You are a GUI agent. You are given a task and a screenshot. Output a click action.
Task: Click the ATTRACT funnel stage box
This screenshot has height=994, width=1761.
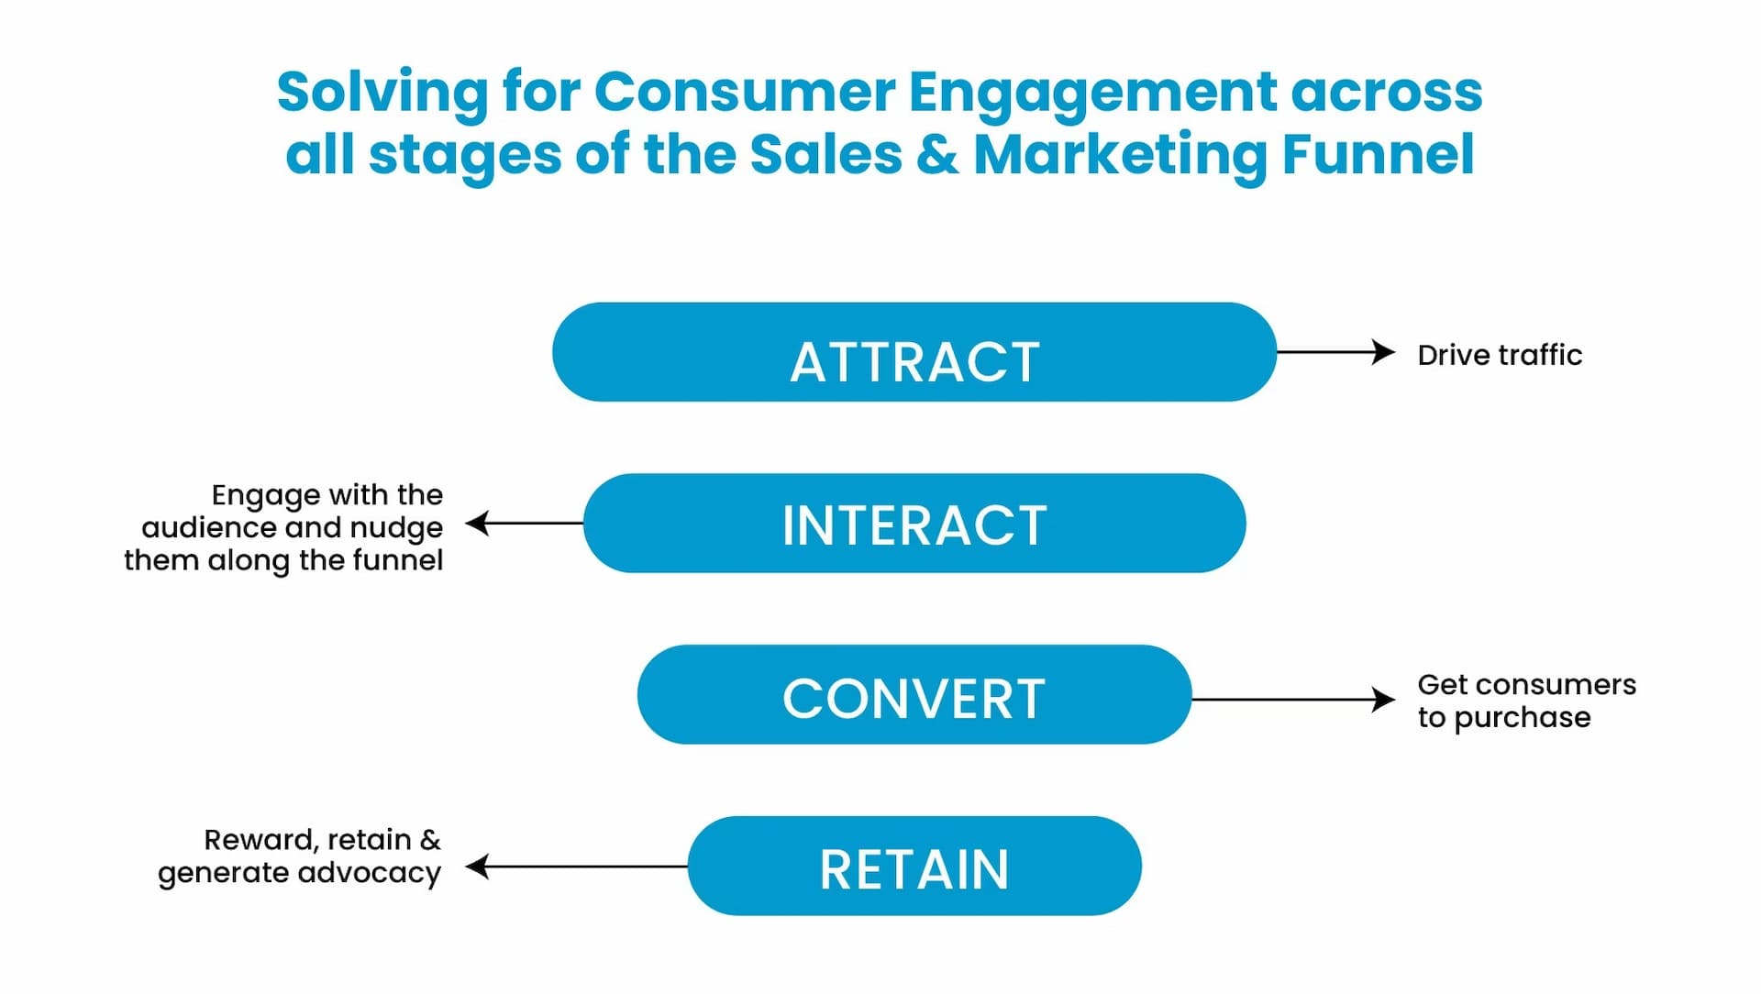click(914, 353)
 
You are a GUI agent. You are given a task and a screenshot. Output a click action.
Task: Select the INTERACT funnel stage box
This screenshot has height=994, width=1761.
click(914, 524)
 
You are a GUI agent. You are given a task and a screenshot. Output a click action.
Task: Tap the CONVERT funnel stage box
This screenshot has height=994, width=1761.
click(914, 695)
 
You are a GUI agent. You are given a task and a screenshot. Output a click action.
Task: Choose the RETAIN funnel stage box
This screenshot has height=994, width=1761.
click(914, 867)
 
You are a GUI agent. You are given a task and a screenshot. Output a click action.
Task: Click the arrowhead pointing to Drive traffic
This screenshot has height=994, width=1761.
click(1384, 352)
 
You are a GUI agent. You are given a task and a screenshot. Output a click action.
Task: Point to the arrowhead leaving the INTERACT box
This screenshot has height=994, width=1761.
click(477, 524)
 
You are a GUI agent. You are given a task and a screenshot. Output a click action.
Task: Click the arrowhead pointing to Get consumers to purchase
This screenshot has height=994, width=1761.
click(1384, 700)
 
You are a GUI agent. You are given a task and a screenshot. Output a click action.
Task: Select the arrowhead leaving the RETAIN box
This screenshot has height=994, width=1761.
click(477, 867)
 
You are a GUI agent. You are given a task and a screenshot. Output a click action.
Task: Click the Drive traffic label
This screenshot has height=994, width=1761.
click(1499, 355)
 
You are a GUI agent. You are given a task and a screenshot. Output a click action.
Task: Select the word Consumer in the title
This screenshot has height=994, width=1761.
click(745, 92)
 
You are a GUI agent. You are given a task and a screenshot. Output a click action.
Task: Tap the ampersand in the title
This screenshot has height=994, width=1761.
click(936, 154)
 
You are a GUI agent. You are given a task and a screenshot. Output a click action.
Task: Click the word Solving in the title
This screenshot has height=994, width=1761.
click(383, 94)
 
